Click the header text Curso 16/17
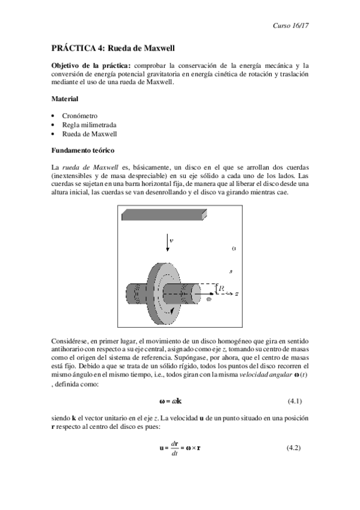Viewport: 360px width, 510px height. (291, 27)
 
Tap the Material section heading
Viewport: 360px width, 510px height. (64, 98)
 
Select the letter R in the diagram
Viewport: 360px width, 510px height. (222, 289)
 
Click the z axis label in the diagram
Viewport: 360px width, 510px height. (237, 294)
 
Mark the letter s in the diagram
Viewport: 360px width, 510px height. (230, 271)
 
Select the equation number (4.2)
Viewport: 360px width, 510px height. (290, 448)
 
